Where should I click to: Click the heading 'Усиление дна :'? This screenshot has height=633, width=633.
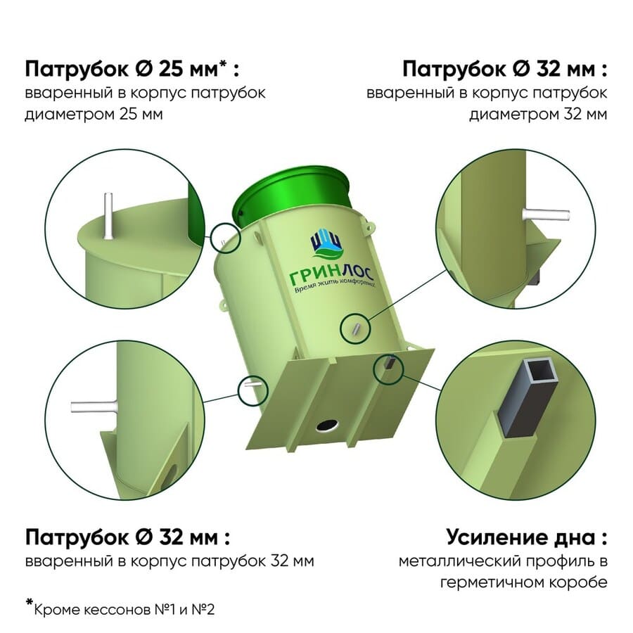[526, 537]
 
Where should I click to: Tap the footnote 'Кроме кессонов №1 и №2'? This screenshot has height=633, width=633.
[124, 609]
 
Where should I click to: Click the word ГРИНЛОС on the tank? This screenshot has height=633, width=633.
[332, 275]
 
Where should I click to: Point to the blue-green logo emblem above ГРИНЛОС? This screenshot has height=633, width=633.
[326, 244]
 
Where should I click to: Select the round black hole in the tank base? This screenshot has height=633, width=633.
[327, 425]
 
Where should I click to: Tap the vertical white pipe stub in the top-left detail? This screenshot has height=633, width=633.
[108, 216]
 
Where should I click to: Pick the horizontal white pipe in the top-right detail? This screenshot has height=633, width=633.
[546, 215]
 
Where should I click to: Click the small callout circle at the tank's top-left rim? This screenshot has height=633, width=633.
[225, 238]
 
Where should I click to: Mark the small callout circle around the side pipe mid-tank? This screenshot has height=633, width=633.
[355, 328]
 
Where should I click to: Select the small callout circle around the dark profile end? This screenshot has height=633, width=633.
[388, 368]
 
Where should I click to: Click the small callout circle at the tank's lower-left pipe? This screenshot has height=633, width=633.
[252, 390]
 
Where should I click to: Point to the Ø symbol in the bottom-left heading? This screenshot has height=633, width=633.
[143, 537]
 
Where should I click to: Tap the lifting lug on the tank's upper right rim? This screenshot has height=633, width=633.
[369, 225]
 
